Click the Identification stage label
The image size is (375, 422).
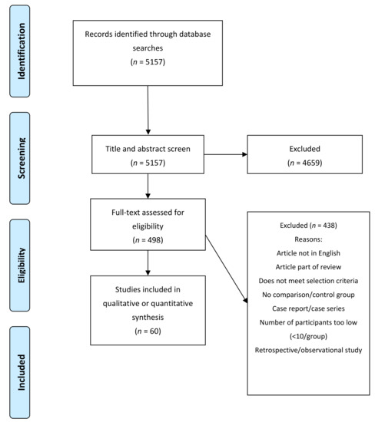[x=21, y=51]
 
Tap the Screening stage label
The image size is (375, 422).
[x=21, y=158]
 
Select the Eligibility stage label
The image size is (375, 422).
[x=21, y=265]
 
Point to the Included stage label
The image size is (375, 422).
[x=21, y=372]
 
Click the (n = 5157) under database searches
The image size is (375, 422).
[x=148, y=62]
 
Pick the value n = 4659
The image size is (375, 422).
[x=304, y=163]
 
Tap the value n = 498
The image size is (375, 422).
[x=148, y=240]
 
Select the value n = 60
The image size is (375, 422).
[x=148, y=331]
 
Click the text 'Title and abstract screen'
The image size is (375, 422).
[x=148, y=149]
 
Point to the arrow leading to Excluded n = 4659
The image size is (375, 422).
[x=226, y=154]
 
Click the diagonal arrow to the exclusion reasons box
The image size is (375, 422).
[x=227, y=269]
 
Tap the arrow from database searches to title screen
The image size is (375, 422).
[x=148, y=110]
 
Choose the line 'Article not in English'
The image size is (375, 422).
[x=308, y=253]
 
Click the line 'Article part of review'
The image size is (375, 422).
[x=308, y=267]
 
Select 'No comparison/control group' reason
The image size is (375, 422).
[x=308, y=295]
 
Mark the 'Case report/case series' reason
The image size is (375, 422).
[x=308, y=308]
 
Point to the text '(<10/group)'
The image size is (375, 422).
[x=308, y=336]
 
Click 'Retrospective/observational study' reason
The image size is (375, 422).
[x=308, y=350]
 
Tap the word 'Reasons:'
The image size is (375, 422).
[x=308, y=239]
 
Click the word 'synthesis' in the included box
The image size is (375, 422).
[x=148, y=318]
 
